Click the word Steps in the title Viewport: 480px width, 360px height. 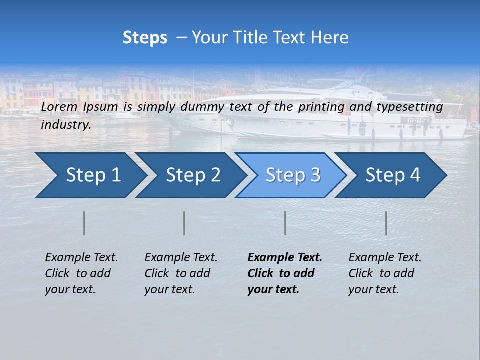click(x=145, y=38)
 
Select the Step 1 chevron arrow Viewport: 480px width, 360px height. click(x=90, y=175)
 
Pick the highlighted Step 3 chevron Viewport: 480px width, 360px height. click(x=292, y=175)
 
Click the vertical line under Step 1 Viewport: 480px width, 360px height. click(x=84, y=223)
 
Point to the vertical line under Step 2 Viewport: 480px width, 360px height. click(x=184, y=223)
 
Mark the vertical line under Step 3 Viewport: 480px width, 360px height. click(x=285, y=223)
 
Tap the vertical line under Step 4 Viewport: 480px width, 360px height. click(x=386, y=223)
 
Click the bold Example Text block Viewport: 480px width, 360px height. click(x=285, y=273)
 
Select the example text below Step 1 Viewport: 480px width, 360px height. click(x=81, y=273)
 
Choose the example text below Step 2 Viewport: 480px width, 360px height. click(x=181, y=273)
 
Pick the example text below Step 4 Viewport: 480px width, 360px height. click(x=385, y=273)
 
